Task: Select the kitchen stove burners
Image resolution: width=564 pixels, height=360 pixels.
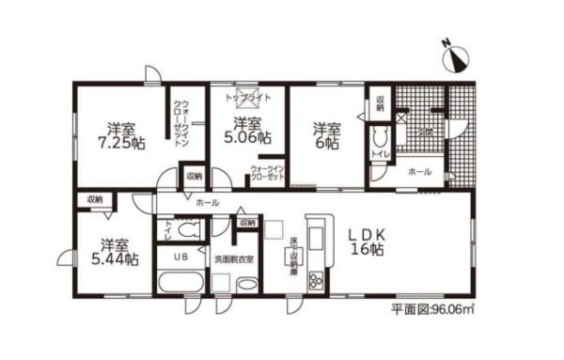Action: click(x=316, y=279)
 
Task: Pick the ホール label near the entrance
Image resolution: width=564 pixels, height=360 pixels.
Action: click(x=420, y=172)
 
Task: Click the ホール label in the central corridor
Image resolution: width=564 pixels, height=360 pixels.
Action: click(x=207, y=203)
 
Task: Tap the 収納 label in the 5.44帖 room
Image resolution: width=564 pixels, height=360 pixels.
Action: click(x=95, y=199)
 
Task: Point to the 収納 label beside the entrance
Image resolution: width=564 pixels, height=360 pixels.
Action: click(x=380, y=103)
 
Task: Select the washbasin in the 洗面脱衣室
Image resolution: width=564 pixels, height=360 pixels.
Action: click(x=247, y=285)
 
